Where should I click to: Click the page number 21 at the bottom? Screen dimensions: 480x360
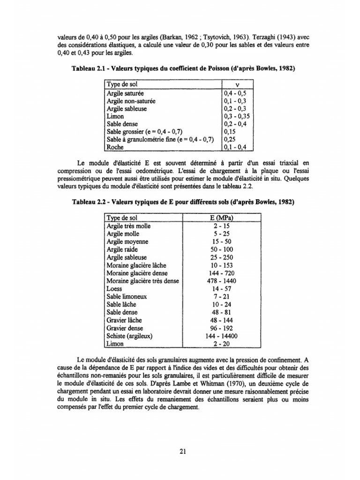click(183, 452)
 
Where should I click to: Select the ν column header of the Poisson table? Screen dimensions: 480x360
click(237, 84)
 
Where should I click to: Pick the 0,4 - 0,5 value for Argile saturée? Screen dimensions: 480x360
click(234, 93)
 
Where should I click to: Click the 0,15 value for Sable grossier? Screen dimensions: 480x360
click(230, 131)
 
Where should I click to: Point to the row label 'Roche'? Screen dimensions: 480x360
click(115, 147)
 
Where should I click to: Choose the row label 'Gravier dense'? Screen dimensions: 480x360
click(125, 328)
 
